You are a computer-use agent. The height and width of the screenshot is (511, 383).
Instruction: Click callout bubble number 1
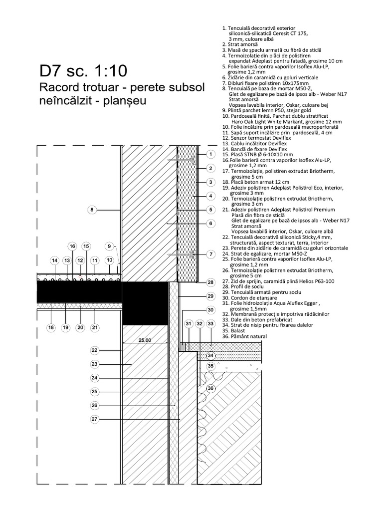coord(211,154)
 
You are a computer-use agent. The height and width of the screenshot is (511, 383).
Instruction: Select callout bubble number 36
coord(210,388)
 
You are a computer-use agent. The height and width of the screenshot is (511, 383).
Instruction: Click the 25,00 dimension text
coord(145,340)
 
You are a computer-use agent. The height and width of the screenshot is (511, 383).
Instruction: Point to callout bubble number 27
coord(96,419)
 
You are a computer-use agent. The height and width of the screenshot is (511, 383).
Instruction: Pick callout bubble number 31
coord(189,324)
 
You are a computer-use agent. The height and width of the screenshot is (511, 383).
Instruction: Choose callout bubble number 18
coord(51,327)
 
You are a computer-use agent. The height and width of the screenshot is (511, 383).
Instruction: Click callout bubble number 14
coord(55,260)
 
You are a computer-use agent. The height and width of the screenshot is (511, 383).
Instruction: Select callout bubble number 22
coord(96,350)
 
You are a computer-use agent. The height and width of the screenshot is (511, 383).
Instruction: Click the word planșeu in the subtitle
coord(127,101)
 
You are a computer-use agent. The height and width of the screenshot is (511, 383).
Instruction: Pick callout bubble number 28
coord(211,282)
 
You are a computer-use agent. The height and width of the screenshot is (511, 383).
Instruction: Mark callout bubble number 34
coord(210,355)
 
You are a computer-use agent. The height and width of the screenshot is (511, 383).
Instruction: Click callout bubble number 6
coord(211,223)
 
